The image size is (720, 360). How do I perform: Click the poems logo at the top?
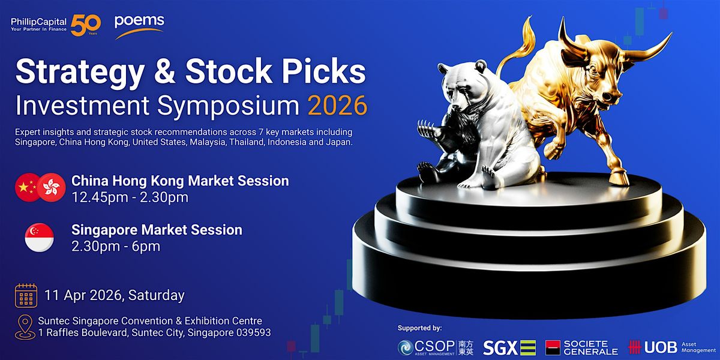coord(139,26)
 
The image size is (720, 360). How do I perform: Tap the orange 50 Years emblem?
coord(85,25)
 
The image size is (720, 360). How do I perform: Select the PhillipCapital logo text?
coord(38,24)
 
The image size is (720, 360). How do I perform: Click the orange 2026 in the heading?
coord(337,106)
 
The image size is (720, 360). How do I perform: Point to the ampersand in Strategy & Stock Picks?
coord(164,71)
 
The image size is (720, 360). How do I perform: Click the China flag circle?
coord(28,187)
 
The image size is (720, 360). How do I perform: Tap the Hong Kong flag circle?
coord(52,187)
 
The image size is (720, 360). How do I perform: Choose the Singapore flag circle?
coord(39,238)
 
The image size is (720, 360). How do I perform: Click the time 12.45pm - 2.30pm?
coord(130,197)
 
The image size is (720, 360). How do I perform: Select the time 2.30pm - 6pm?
coord(116,247)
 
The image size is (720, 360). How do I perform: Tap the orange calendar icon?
coord(26,295)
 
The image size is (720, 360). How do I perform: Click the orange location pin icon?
coord(25,327)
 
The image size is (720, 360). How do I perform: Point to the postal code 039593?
coord(254,332)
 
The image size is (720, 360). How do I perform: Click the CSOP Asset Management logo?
coord(436,348)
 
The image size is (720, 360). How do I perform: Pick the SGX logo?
coord(509,348)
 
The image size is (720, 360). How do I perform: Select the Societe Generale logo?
coord(581,348)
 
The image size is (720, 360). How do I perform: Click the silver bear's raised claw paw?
coord(427,128)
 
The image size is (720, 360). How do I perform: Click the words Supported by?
coord(419,328)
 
